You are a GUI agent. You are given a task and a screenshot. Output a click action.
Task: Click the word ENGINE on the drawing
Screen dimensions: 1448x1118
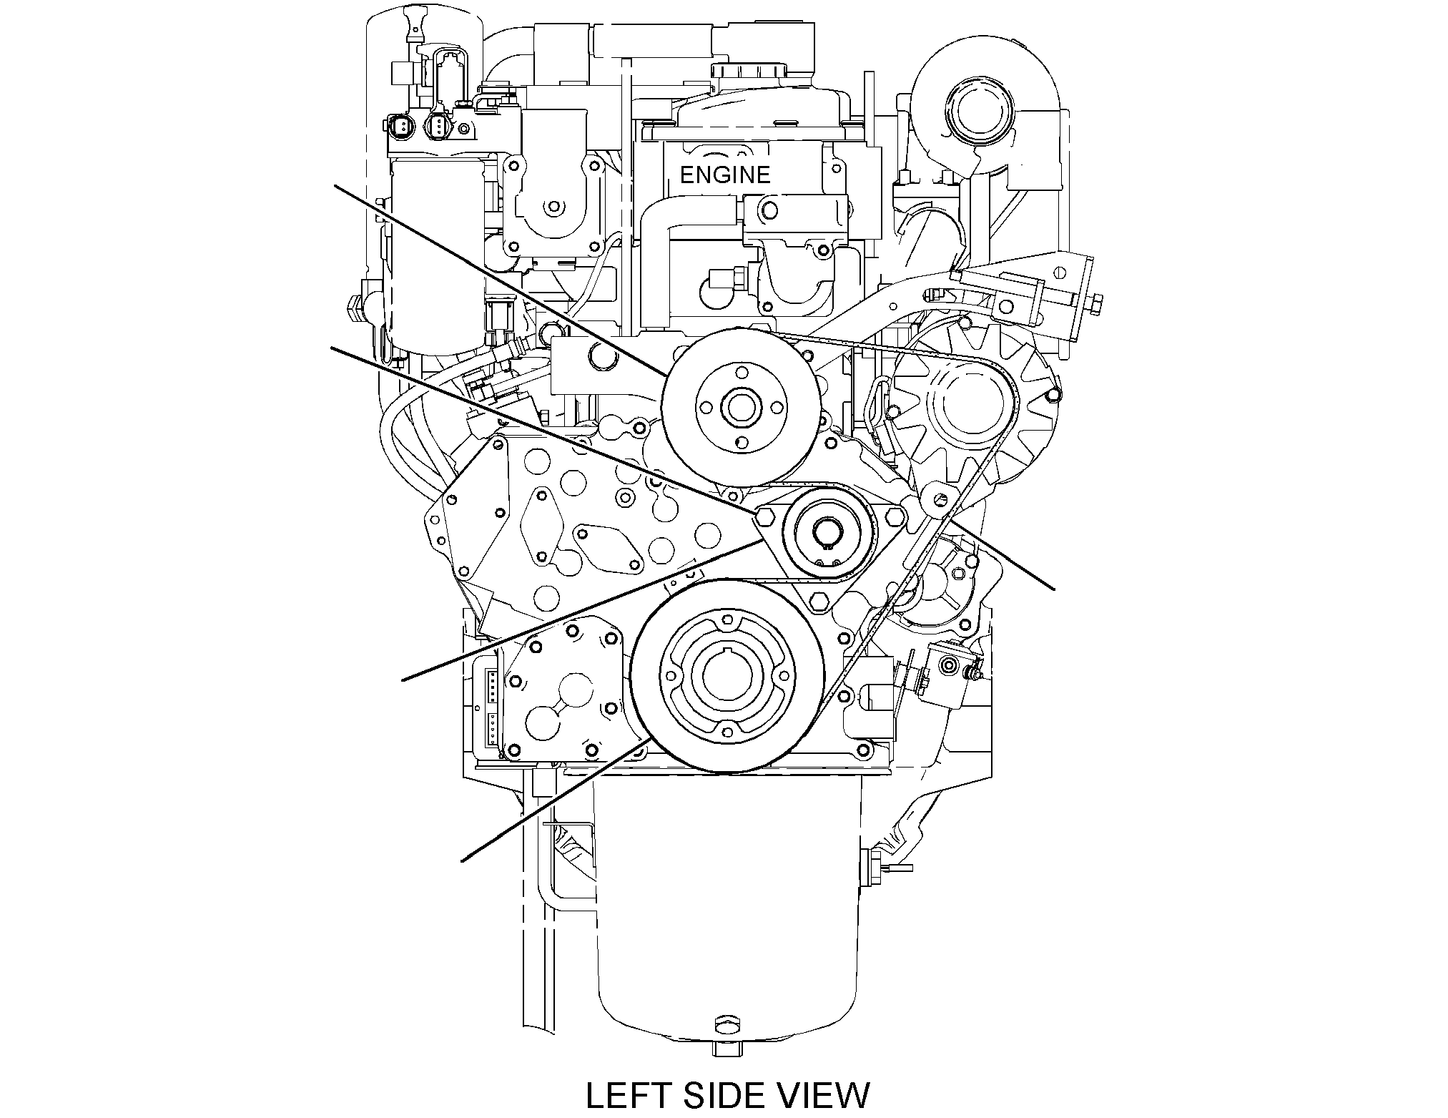(x=724, y=175)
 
